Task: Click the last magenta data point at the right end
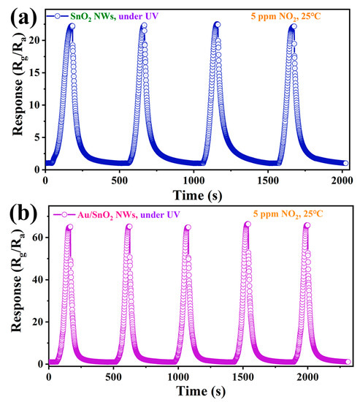pos(348,362)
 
